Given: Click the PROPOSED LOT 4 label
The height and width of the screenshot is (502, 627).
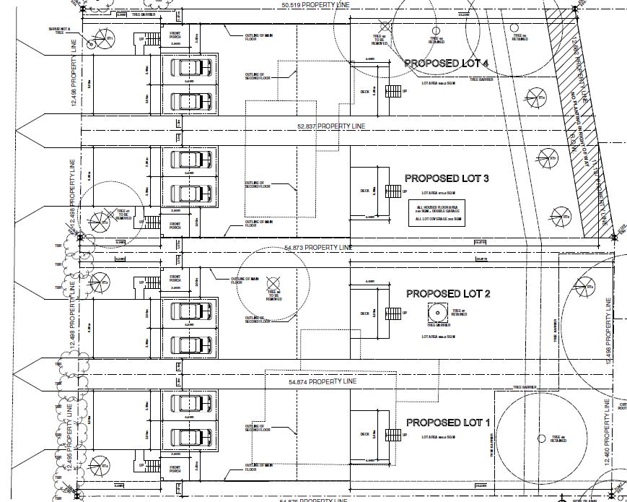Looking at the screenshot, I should [447, 64].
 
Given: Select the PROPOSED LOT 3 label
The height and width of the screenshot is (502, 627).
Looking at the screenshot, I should [447, 178].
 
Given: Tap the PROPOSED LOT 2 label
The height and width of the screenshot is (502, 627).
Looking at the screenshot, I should [448, 294].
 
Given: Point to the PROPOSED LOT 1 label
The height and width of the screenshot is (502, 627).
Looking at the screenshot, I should [448, 423].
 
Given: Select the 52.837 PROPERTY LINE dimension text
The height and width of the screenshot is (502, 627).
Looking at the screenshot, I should [331, 126].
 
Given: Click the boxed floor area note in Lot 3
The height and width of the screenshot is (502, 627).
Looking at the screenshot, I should [432, 215].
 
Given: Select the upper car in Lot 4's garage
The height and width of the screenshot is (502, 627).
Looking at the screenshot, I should [190, 68].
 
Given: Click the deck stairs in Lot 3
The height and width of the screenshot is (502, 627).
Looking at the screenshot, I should [393, 192].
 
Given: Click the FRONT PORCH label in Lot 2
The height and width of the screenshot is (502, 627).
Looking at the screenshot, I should [175, 280].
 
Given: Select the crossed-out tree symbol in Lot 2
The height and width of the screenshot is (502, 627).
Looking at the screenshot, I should [272, 283].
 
